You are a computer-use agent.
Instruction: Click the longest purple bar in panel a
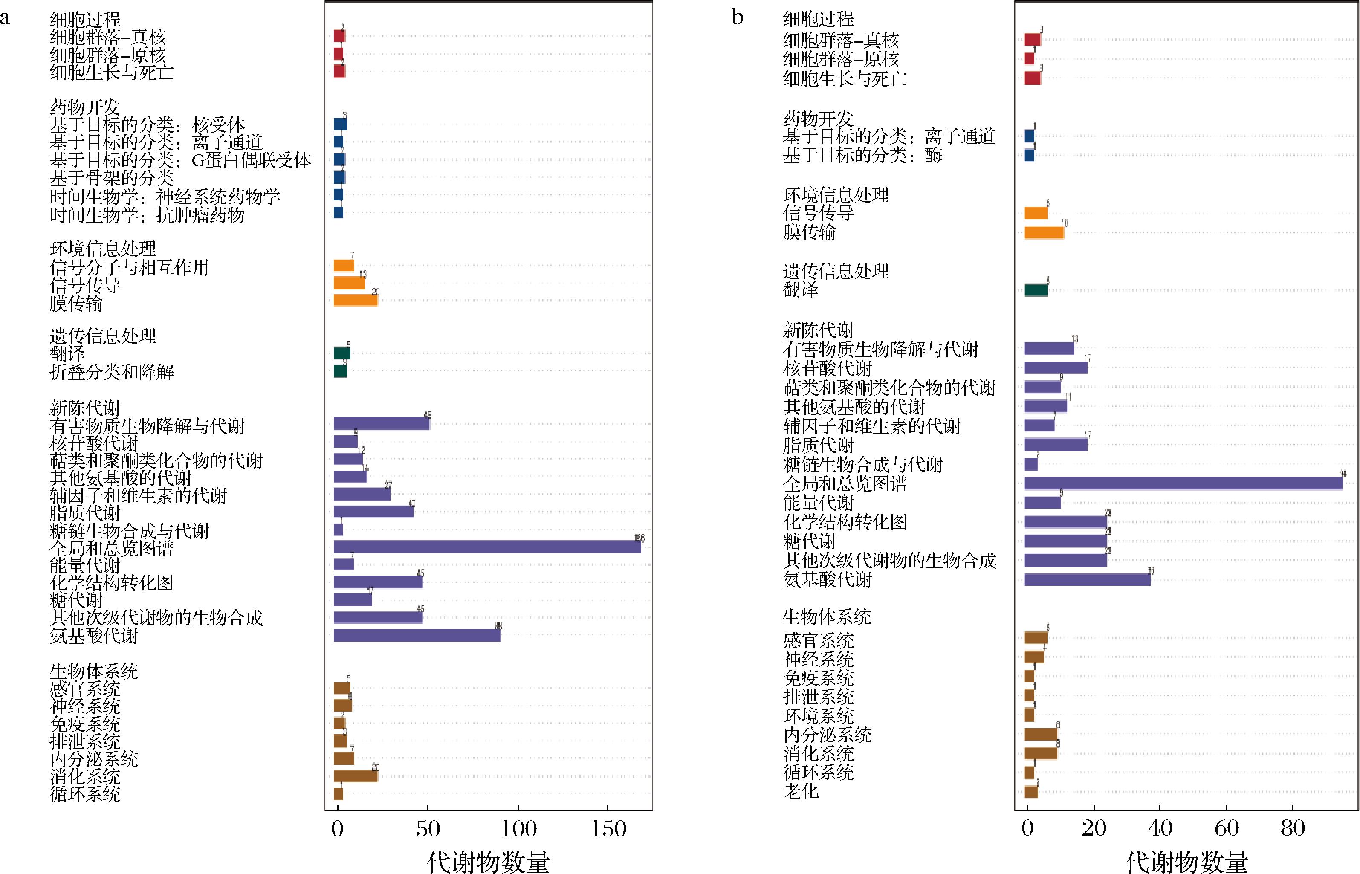487,547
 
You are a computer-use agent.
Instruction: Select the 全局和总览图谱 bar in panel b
1183,483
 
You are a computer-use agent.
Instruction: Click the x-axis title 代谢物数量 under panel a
488,861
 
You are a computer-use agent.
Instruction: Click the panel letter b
738,17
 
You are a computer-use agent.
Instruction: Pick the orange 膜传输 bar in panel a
355,300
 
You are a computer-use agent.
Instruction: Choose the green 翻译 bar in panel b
1036,290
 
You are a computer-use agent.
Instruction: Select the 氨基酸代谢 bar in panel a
417,635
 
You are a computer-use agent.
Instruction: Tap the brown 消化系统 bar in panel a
355,776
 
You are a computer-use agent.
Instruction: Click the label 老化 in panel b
801,790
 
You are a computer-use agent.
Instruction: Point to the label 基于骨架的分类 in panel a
111,178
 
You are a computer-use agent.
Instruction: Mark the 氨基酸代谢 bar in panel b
1087,579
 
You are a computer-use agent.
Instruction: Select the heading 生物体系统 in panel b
827,616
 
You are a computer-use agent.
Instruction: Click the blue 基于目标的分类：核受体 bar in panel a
340,124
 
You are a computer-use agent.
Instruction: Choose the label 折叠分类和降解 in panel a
111,372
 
